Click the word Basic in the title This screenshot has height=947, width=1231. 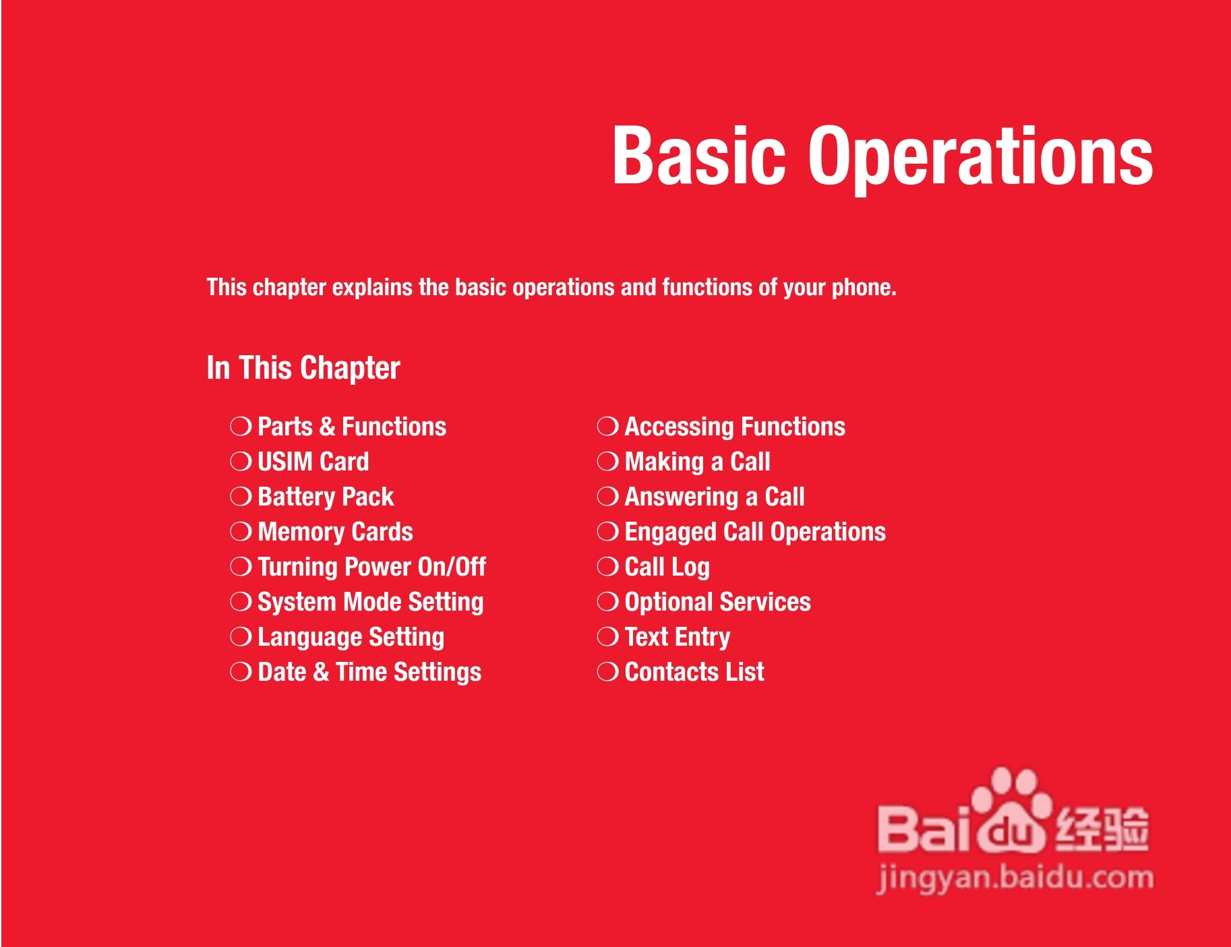coord(699,156)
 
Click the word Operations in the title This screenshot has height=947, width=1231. coord(981,160)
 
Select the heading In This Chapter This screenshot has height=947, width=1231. coord(303,368)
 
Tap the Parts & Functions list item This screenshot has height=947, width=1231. coord(352,426)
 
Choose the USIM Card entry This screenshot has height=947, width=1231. coord(313,461)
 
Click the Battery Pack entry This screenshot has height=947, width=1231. coord(326,497)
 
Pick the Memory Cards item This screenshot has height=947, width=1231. coord(335,531)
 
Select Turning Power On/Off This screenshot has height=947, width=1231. coord(371,567)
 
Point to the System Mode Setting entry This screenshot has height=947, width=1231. coord(371,602)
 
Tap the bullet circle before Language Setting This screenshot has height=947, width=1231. coord(241,636)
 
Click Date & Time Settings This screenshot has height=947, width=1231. coord(369,672)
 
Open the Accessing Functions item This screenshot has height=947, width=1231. coord(735,427)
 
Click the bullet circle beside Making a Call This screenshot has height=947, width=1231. coord(607,461)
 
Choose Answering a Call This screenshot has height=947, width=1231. coord(715,497)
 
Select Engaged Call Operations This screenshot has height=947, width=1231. coord(755,532)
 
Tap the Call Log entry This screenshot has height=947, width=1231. coord(667,567)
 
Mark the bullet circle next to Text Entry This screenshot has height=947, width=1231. coord(607,636)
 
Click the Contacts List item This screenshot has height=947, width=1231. coord(694,672)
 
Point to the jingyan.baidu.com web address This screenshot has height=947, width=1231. coord(1015,878)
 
